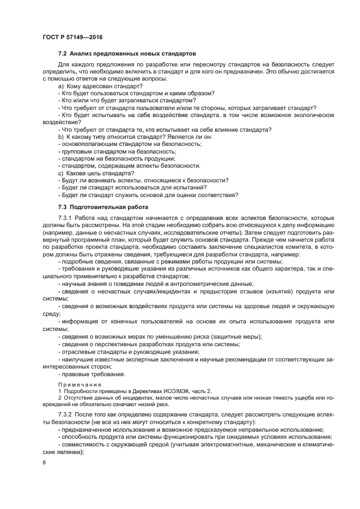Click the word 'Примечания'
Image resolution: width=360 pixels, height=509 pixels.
[x=80, y=384]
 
